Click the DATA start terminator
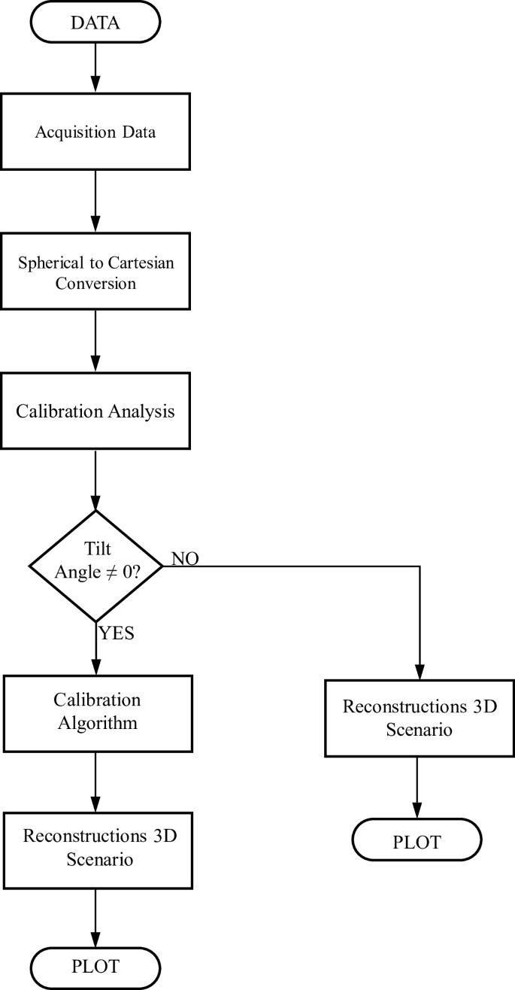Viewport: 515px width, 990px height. click(96, 23)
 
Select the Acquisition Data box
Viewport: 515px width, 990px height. click(96, 132)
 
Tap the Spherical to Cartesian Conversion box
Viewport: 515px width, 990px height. click(96, 273)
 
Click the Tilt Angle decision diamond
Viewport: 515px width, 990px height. click(96, 563)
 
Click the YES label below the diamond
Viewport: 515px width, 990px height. click(117, 633)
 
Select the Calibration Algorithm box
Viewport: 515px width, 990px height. click(96, 712)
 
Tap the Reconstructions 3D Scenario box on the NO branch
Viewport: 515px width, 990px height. click(420, 718)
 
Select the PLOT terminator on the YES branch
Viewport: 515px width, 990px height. click(96, 965)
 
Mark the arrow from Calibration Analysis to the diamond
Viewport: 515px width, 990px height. click(96, 479)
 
